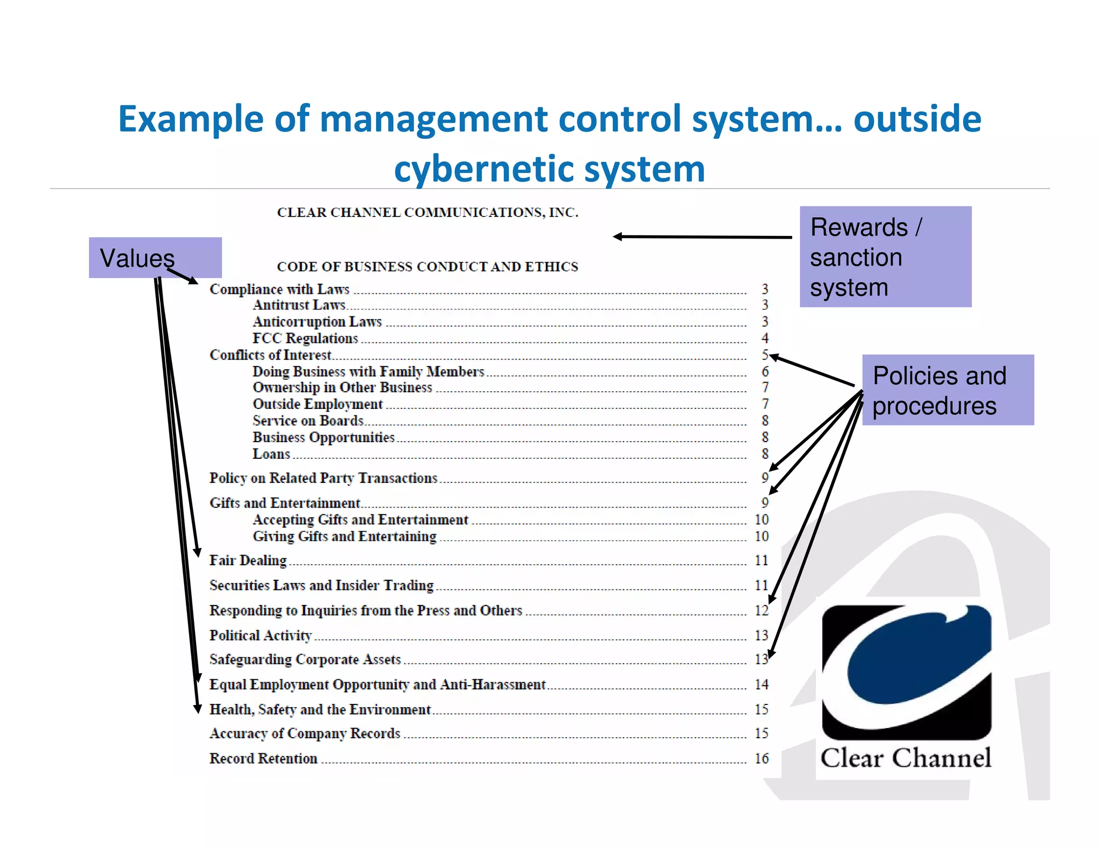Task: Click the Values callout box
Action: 155,257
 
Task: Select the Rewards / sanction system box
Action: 885,257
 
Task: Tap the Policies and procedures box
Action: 947,390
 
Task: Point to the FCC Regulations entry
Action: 305,338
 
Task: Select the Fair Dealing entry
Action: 248,560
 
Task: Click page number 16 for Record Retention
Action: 762,758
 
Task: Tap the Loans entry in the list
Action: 271,454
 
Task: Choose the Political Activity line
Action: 260,635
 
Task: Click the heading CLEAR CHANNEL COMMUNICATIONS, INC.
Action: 428,212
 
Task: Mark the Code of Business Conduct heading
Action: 428,266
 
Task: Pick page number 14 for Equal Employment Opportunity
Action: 762,684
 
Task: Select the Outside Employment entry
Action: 317,404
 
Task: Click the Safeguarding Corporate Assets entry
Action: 305,659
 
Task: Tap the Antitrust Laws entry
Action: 299,305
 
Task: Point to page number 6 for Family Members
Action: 765,371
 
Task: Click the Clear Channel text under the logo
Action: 906,758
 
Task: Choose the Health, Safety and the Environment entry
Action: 320,709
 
